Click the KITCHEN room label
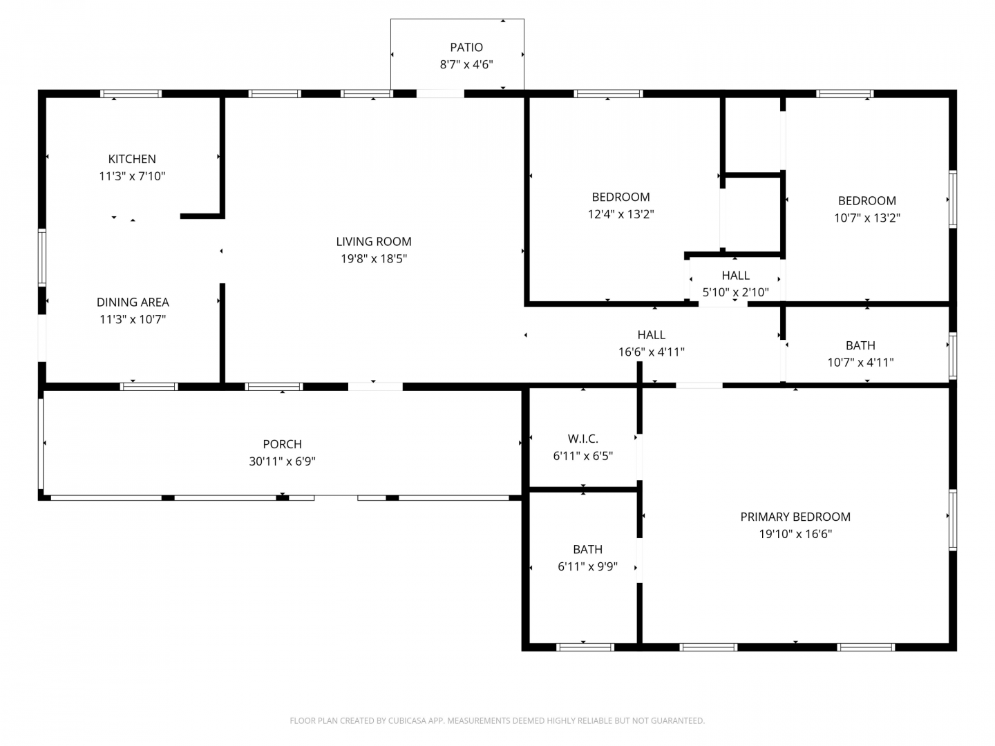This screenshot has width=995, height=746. tap(132, 159)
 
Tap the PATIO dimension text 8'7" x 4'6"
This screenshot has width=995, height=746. tap(466, 64)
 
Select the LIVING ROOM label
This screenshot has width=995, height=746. tap(374, 242)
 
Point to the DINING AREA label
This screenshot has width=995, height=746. tap(133, 302)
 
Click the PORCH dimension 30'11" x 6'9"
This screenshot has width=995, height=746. tap(282, 461)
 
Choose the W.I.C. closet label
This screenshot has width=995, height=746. tap(582, 439)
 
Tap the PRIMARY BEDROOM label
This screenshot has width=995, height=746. tap(795, 517)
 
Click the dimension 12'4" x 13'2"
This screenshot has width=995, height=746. tap(620, 214)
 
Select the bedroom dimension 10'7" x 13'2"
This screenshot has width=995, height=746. tap(866, 218)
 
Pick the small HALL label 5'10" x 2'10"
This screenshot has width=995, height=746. tap(735, 276)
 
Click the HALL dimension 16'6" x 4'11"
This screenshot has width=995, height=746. tap(651, 352)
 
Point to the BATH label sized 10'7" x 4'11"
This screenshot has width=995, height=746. tap(860, 345)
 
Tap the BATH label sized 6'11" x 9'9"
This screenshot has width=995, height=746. tap(587, 549)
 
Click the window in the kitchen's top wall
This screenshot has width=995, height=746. tap(131, 94)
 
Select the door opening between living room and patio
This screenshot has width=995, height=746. tap(440, 94)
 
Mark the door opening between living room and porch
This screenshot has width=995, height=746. tap(375, 387)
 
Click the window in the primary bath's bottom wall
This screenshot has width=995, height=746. tap(585, 647)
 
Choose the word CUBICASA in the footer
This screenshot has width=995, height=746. tap(406, 720)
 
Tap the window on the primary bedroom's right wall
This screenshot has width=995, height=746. tap(953, 520)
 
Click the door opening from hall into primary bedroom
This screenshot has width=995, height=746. tap(699, 385)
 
